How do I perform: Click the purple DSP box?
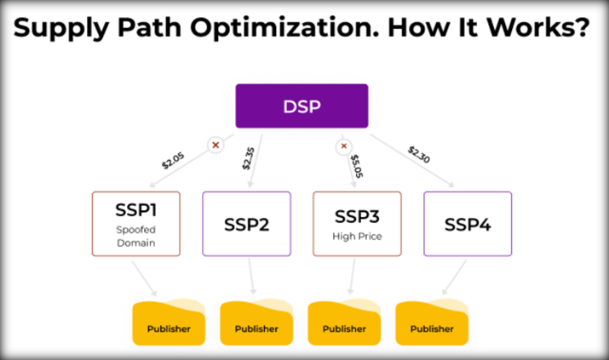tap(302, 107)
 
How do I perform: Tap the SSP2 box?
tap(246, 225)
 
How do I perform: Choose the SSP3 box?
tap(357, 223)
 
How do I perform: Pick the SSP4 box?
tap(467, 225)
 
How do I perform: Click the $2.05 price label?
tap(174, 157)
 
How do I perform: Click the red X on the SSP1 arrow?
tap(215, 146)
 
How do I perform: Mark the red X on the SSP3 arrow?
tap(344, 146)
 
